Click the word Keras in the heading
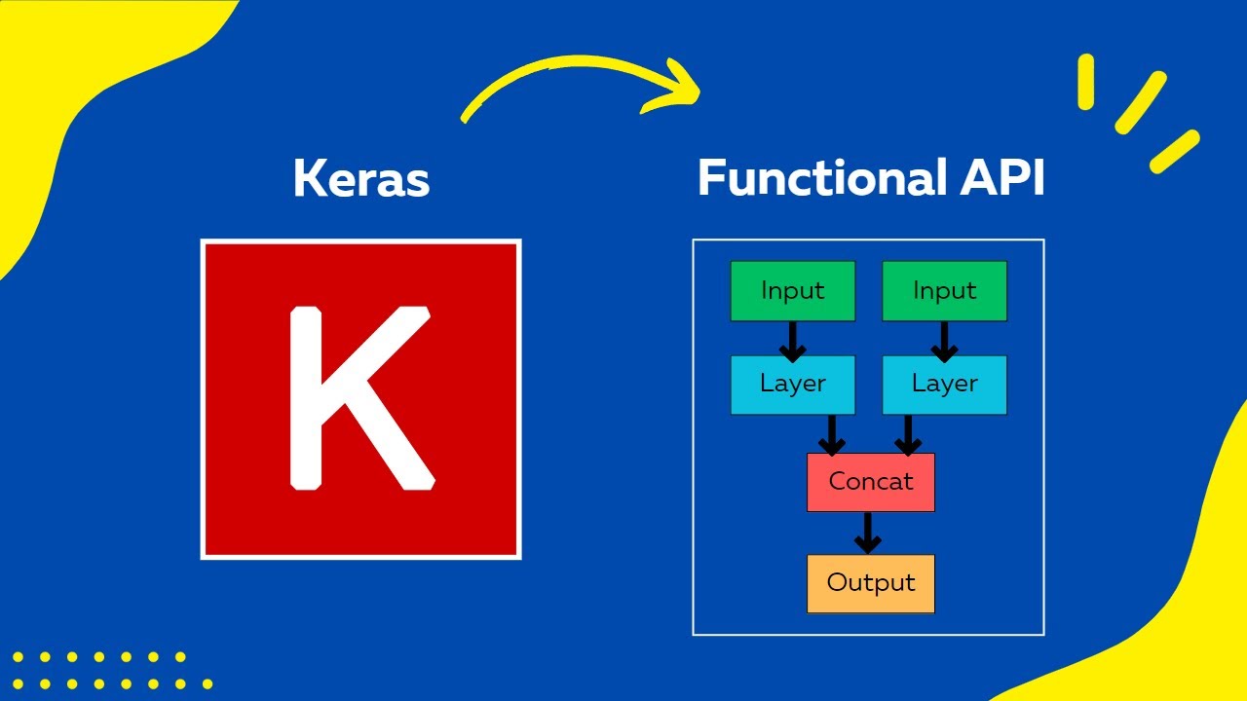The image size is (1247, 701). (360, 180)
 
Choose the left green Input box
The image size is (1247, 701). (792, 290)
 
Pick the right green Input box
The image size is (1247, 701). (944, 290)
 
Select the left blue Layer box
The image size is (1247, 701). (792, 384)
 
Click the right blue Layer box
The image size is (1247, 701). (944, 384)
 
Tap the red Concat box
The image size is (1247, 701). (870, 481)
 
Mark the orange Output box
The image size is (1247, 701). (870, 583)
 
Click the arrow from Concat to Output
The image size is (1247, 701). (867, 533)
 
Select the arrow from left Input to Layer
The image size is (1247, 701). (792, 340)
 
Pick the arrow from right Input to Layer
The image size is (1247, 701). (943, 340)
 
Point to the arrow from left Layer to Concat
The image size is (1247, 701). (831, 434)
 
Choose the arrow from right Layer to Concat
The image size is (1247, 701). (907, 434)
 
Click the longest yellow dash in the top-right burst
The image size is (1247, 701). (1141, 102)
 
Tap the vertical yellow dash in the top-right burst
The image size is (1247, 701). (1086, 81)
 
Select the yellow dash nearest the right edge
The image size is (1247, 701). (1174, 151)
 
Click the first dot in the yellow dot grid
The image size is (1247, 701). (18, 657)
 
